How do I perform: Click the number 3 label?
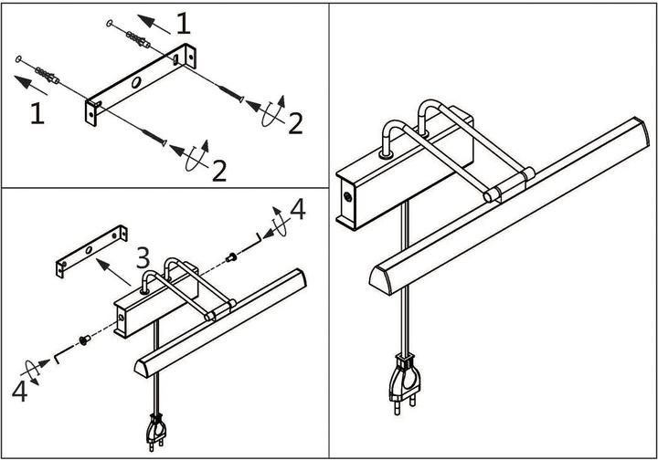click(x=143, y=258)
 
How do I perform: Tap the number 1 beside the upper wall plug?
click(x=185, y=23)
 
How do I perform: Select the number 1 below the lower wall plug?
click(x=37, y=113)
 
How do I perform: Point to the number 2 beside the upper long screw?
click(x=294, y=123)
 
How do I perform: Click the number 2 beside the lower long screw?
click(x=218, y=170)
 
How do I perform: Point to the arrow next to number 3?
click(x=113, y=271)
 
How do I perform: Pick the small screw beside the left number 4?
click(x=84, y=341)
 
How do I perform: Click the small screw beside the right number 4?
click(x=233, y=256)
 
